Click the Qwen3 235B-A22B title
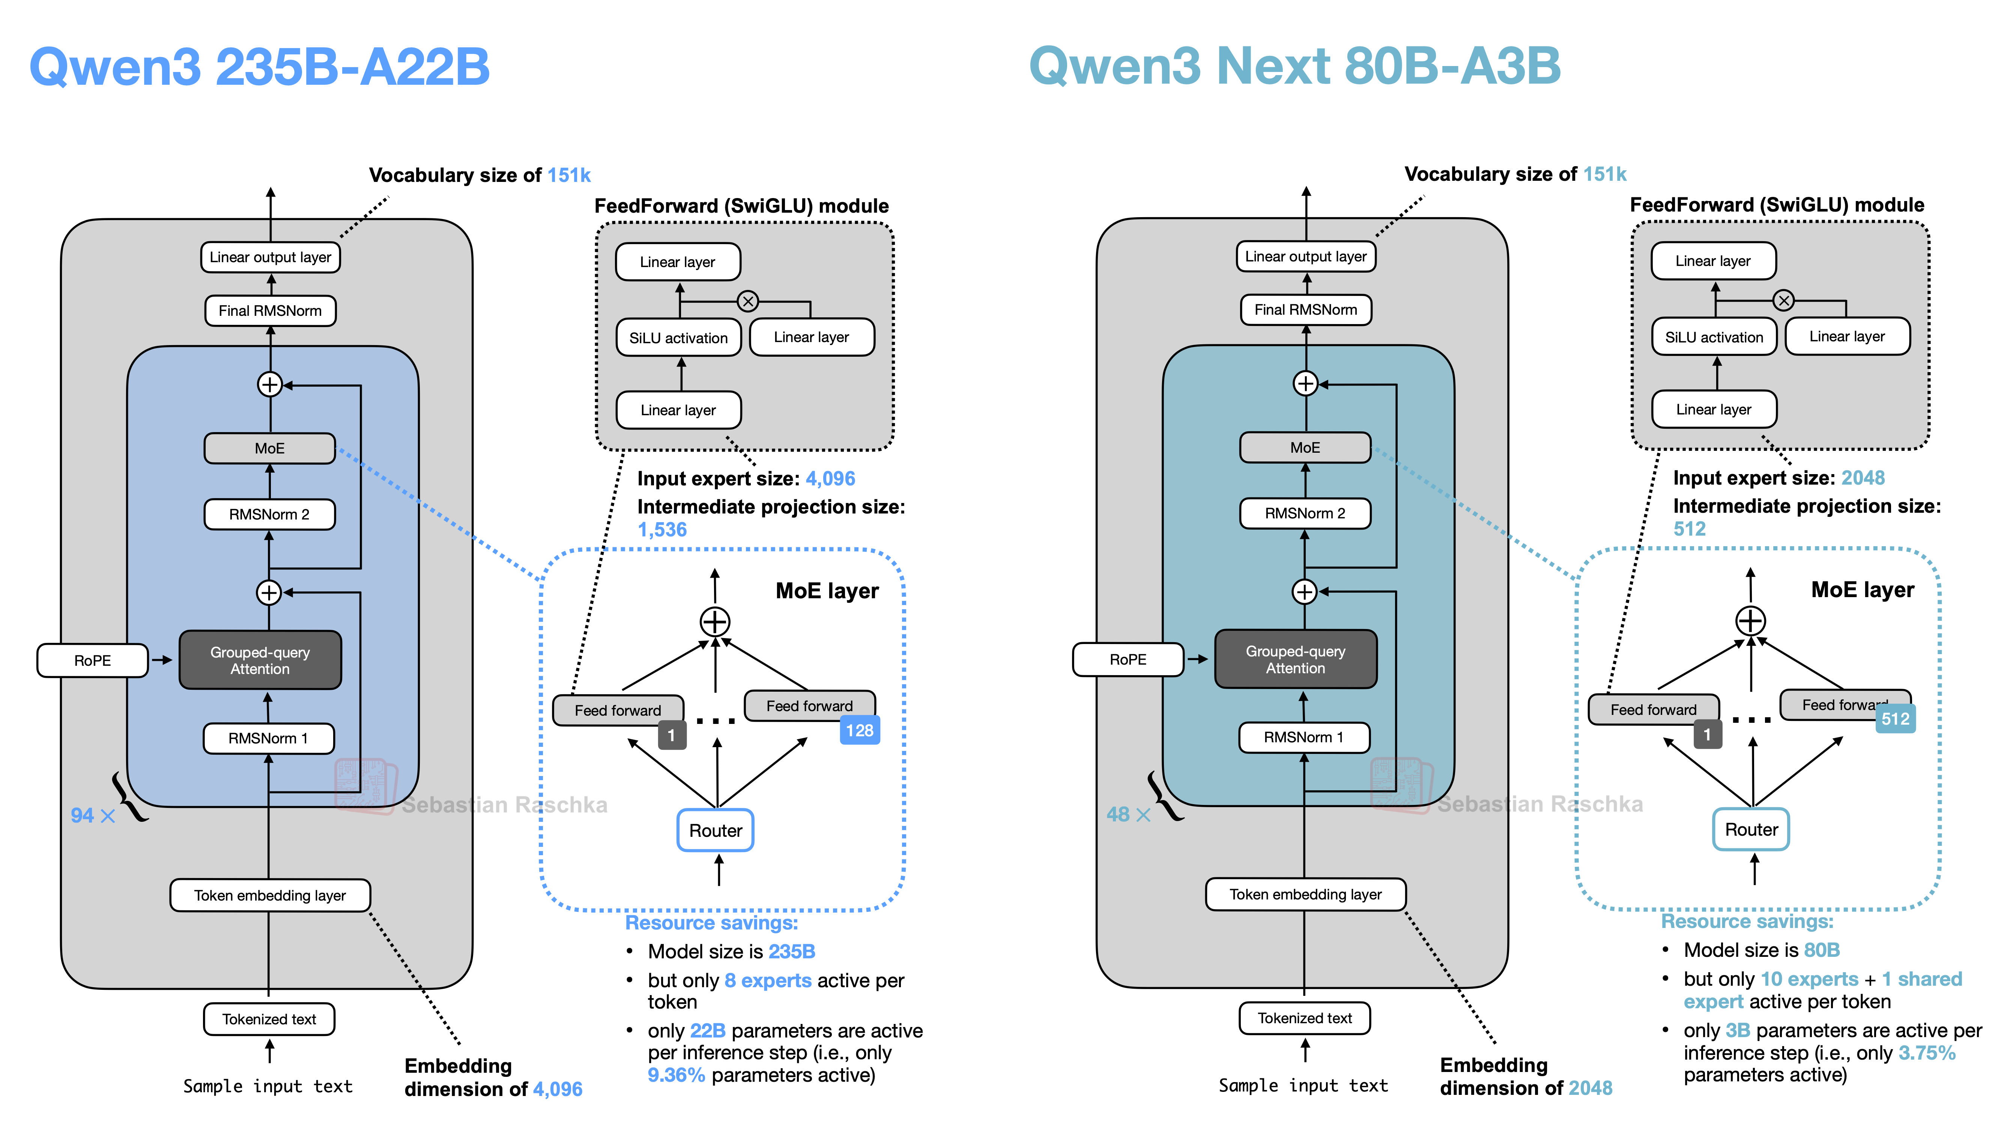coord(259,66)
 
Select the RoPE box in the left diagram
coord(92,661)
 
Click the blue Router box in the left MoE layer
coord(715,830)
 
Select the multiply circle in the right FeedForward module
coord(1783,300)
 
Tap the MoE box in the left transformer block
coord(270,448)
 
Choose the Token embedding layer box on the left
coord(270,895)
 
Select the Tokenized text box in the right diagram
coord(1305,1018)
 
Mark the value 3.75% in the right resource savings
coord(1927,1053)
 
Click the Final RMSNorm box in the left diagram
coord(270,310)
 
